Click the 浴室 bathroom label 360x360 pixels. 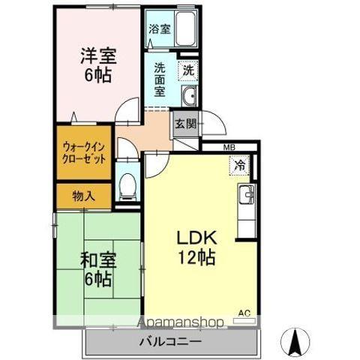point(158,28)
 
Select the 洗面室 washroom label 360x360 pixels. point(160,78)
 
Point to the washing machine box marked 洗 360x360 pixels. point(188,70)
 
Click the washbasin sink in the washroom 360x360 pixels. point(189,96)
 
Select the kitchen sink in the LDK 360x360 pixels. point(247,198)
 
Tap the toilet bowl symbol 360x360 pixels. point(127,184)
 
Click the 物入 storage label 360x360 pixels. point(83,196)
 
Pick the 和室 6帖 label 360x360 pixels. point(97,270)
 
